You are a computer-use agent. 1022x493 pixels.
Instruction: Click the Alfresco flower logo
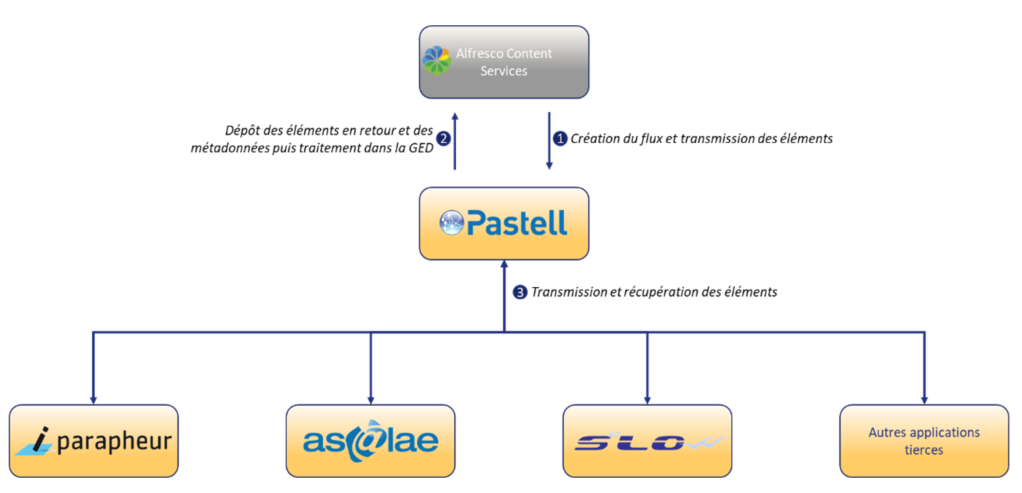(437, 61)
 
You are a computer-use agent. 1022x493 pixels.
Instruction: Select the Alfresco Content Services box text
(504, 62)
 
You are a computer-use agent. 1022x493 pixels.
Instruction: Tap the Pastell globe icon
(451, 223)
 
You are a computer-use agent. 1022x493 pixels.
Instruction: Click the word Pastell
(517, 223)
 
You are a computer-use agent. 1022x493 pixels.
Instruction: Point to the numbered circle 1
(560, 138)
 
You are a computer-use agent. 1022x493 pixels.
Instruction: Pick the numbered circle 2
(443, 138)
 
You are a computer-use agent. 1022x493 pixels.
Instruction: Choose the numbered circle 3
(520, 292)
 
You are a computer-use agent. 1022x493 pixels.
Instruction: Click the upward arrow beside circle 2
(455, 141)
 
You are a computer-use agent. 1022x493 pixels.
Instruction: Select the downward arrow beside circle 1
(549, 141)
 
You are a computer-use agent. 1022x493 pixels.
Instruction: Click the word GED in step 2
(421, 148)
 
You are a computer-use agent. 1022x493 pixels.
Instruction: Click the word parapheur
(114, 441)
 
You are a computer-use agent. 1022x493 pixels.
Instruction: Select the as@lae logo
(371, 441)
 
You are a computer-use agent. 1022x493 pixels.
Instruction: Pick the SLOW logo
(650, 442)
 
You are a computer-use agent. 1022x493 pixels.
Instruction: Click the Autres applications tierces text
(924, 441)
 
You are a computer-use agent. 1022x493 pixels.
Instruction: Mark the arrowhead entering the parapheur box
(93, 400)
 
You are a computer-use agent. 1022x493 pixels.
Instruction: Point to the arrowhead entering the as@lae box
(371, 400)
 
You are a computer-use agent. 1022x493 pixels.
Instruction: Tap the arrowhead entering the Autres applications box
(924, 400)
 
